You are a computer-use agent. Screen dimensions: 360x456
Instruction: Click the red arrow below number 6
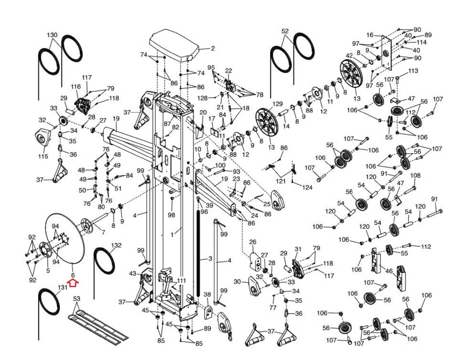click(73, 283)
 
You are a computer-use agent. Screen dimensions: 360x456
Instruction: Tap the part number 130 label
click(52, 35)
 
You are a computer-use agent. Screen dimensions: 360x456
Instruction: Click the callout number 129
click(277, 104)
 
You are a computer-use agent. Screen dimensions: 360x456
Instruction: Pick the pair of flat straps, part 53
click(97, 325)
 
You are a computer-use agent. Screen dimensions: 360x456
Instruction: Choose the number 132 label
click(116, 245)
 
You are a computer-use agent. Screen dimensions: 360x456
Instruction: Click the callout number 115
click(43, 156)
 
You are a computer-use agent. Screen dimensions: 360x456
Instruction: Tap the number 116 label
click(76, 86)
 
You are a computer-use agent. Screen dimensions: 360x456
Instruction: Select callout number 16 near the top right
click(370, 35)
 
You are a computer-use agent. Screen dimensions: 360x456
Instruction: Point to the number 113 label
click(413, 71)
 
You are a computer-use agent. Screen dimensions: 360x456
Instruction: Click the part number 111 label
click(182, 281)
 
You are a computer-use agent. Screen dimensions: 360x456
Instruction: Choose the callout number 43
click(133, 274)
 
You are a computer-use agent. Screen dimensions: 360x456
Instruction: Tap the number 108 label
click(415, 175)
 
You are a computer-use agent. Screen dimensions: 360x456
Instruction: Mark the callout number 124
click(307, 187)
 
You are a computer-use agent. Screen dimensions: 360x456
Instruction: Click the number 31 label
click(298, 249)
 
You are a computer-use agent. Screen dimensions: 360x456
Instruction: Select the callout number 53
click(77, 299)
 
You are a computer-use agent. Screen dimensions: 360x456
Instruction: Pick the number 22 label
click(229, 71)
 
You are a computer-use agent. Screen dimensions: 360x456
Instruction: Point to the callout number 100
click(220, 165)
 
